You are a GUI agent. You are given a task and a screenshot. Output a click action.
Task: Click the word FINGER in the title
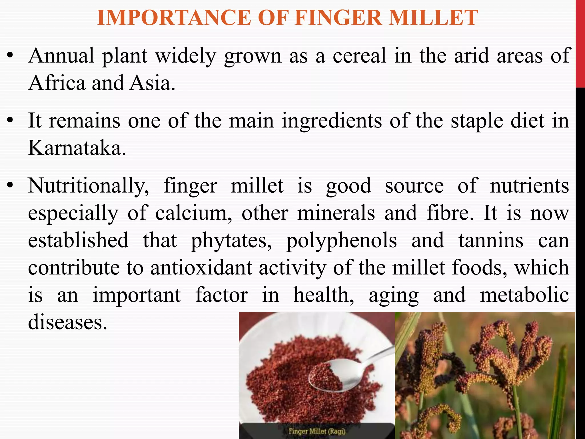point(338,18)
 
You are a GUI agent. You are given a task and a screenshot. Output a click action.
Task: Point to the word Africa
point(57,83)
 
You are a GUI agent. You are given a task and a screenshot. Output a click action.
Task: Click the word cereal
point(359,56)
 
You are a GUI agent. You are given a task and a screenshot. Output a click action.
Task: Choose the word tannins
point(491,240)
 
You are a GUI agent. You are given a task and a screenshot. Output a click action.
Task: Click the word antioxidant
point(201,268)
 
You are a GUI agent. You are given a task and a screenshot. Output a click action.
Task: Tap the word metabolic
point(524,295)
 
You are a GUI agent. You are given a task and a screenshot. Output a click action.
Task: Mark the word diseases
point(67,322)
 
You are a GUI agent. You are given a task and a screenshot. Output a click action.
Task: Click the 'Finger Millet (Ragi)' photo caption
point(317,431)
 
